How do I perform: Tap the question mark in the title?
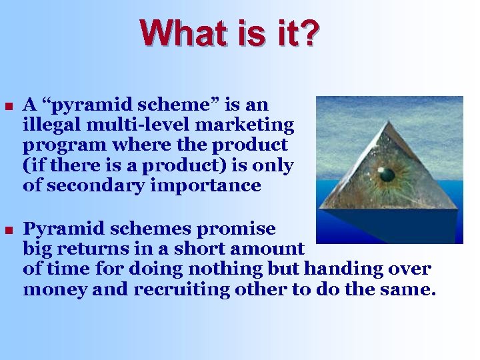310,33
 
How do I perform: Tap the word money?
53,290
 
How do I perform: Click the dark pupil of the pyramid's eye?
386,175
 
